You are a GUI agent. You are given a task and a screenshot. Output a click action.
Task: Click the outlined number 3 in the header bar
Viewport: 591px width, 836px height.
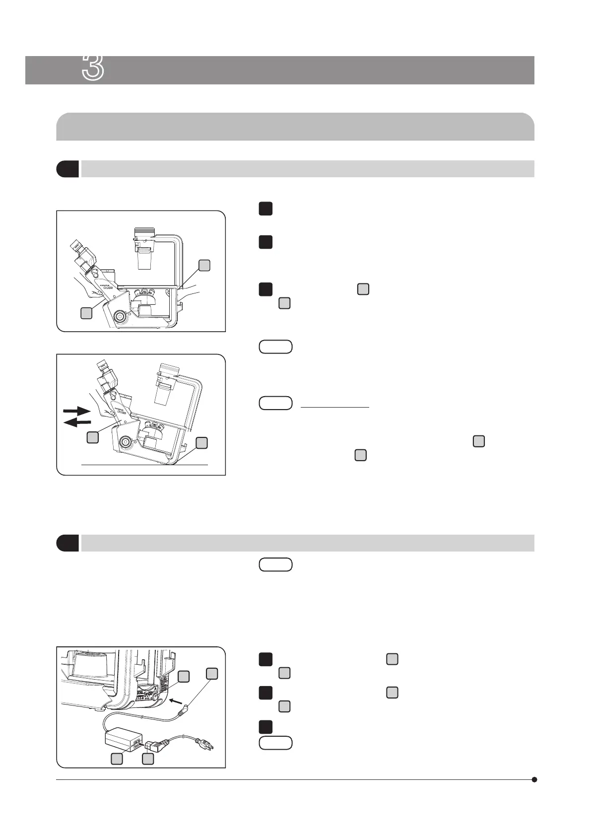coord(93,68)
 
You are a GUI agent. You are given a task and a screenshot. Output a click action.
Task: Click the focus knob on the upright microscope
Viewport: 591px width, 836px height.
coord(119,316)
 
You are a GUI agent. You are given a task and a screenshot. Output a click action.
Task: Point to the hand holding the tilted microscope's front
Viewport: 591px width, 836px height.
coord(103,407)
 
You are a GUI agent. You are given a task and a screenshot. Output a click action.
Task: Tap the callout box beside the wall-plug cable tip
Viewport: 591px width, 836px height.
coord(212,673)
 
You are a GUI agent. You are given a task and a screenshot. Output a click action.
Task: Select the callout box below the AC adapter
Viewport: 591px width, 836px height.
coord(117,759)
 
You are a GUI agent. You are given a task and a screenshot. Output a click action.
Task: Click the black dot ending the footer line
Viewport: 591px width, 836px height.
coord(534,779)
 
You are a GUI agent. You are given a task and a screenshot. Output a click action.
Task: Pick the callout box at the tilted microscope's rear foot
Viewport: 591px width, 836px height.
coord(201,443)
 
